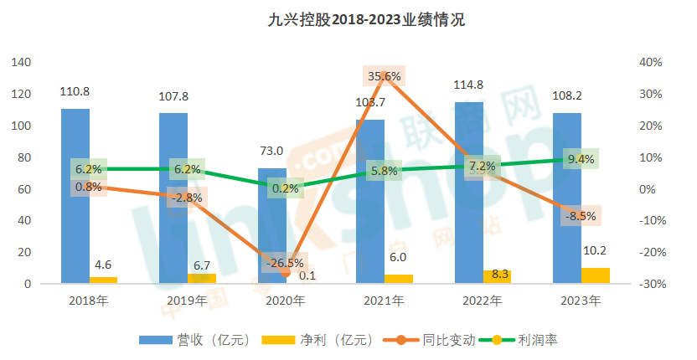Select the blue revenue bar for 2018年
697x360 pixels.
75,197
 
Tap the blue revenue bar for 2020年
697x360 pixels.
271,226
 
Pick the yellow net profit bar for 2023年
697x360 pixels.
596,275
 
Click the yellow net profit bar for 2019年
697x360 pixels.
202,278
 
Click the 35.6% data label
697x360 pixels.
385,76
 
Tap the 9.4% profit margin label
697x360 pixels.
581,158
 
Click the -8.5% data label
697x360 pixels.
581,215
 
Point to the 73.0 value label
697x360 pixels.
271,151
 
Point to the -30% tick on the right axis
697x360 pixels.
651,284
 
